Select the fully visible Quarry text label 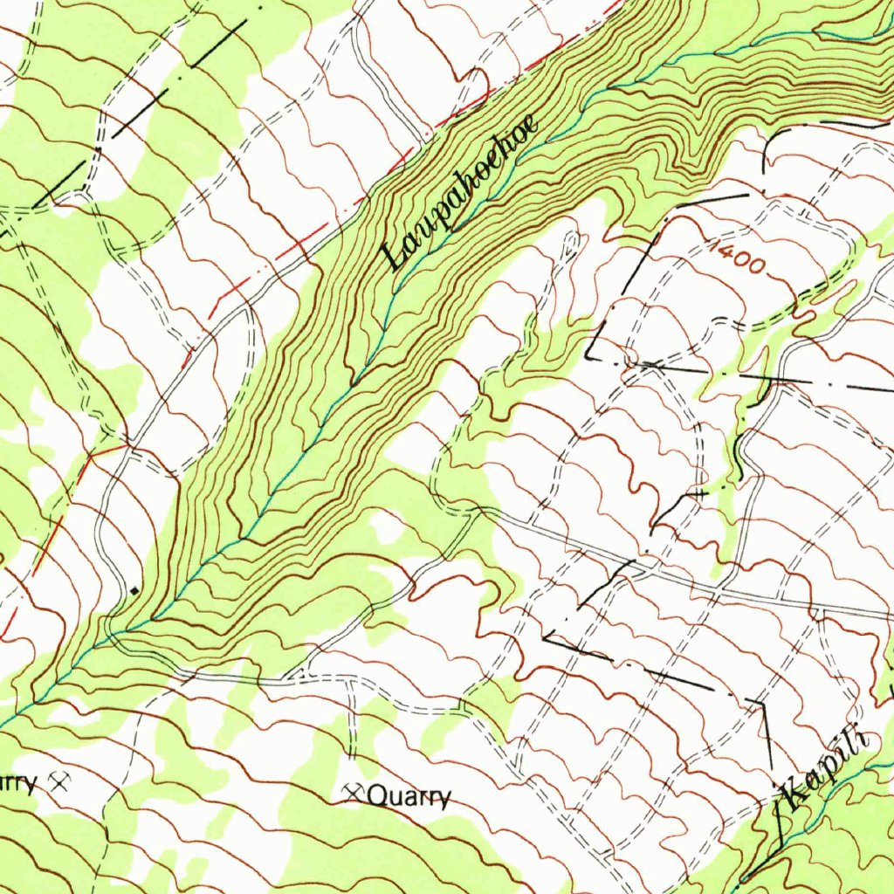(x=409, y=796)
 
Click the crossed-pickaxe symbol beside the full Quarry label (x=354, y=793)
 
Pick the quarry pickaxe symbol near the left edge (x=60, y=781)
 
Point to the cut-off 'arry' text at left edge (x=17, y=782)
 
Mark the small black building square (x=134, y=591)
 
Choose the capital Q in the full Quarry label (x=377, y=796)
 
